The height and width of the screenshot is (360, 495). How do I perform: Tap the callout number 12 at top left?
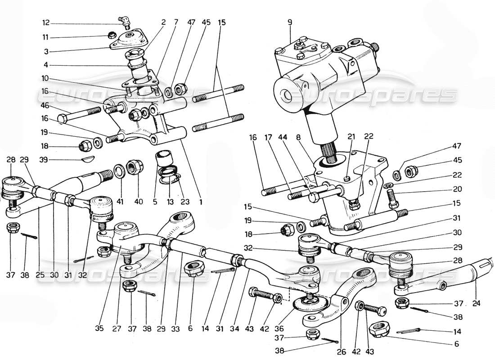(46, 22)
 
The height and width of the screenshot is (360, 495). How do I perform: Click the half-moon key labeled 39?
(88, 158)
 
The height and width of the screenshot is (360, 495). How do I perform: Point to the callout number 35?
(100, 329)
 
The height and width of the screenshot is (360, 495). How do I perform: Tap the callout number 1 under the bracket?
(201, 202)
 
